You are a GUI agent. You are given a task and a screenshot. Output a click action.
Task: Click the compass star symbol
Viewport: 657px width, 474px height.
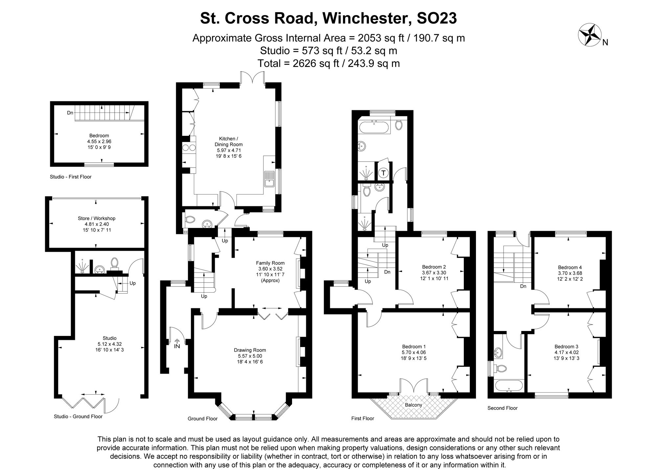[589, 34]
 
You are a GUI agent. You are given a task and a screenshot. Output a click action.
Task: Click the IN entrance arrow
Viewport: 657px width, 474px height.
[177, 342]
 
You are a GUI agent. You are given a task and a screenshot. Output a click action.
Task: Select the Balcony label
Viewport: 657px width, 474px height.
[413, 405]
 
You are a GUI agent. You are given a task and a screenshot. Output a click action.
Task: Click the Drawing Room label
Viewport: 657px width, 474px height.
[250, 350]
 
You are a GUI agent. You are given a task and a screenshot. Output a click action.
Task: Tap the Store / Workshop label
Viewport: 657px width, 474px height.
[97, 218]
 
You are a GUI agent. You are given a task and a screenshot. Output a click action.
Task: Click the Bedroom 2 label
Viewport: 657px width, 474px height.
[434, 267]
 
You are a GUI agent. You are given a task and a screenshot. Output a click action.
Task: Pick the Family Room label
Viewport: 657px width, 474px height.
[270, 263]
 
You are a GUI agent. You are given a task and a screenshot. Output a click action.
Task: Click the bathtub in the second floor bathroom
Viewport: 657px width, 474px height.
[509, 386]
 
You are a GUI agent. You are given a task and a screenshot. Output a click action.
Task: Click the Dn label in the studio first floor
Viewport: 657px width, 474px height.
[70, 113]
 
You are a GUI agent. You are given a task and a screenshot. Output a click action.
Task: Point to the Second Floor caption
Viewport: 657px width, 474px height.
[502, 408]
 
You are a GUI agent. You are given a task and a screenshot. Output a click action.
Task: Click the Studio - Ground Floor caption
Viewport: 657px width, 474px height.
[78, 417]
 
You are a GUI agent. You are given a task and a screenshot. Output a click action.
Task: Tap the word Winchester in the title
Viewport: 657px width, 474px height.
[367, 18]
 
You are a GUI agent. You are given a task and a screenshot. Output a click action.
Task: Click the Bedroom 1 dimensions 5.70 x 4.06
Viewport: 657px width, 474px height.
[414, 353]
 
